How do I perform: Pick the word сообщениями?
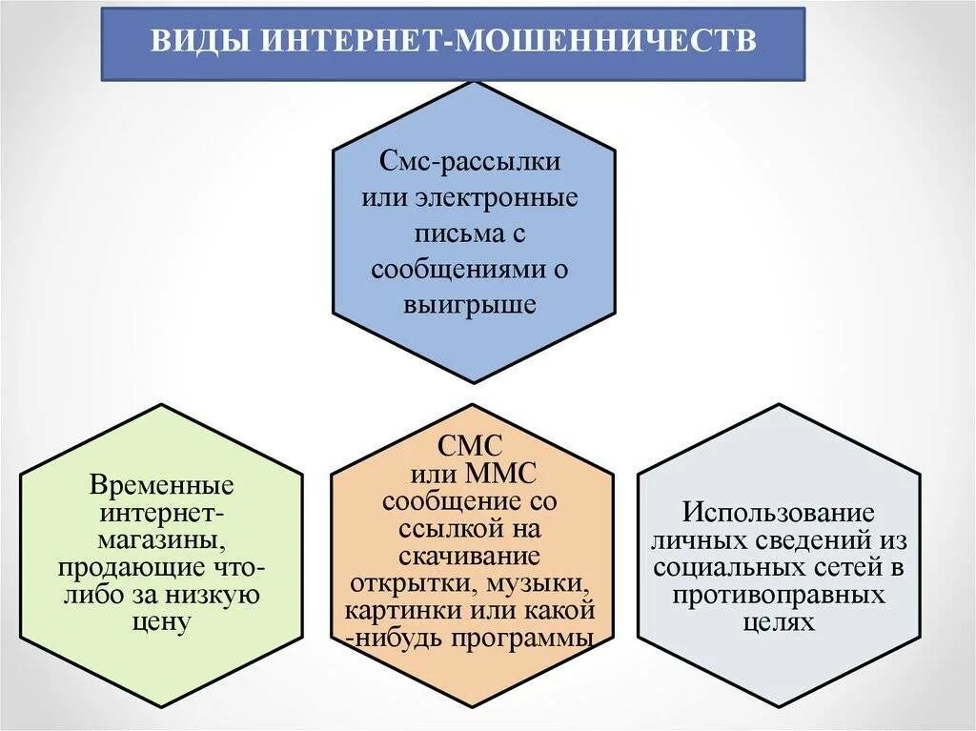click(455, 269)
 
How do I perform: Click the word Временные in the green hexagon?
click(162, 486)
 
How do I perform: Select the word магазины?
click(160, 541)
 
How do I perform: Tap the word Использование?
click(779, 513)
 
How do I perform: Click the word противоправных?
click(779, 596)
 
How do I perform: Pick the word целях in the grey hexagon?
click(779, 622)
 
